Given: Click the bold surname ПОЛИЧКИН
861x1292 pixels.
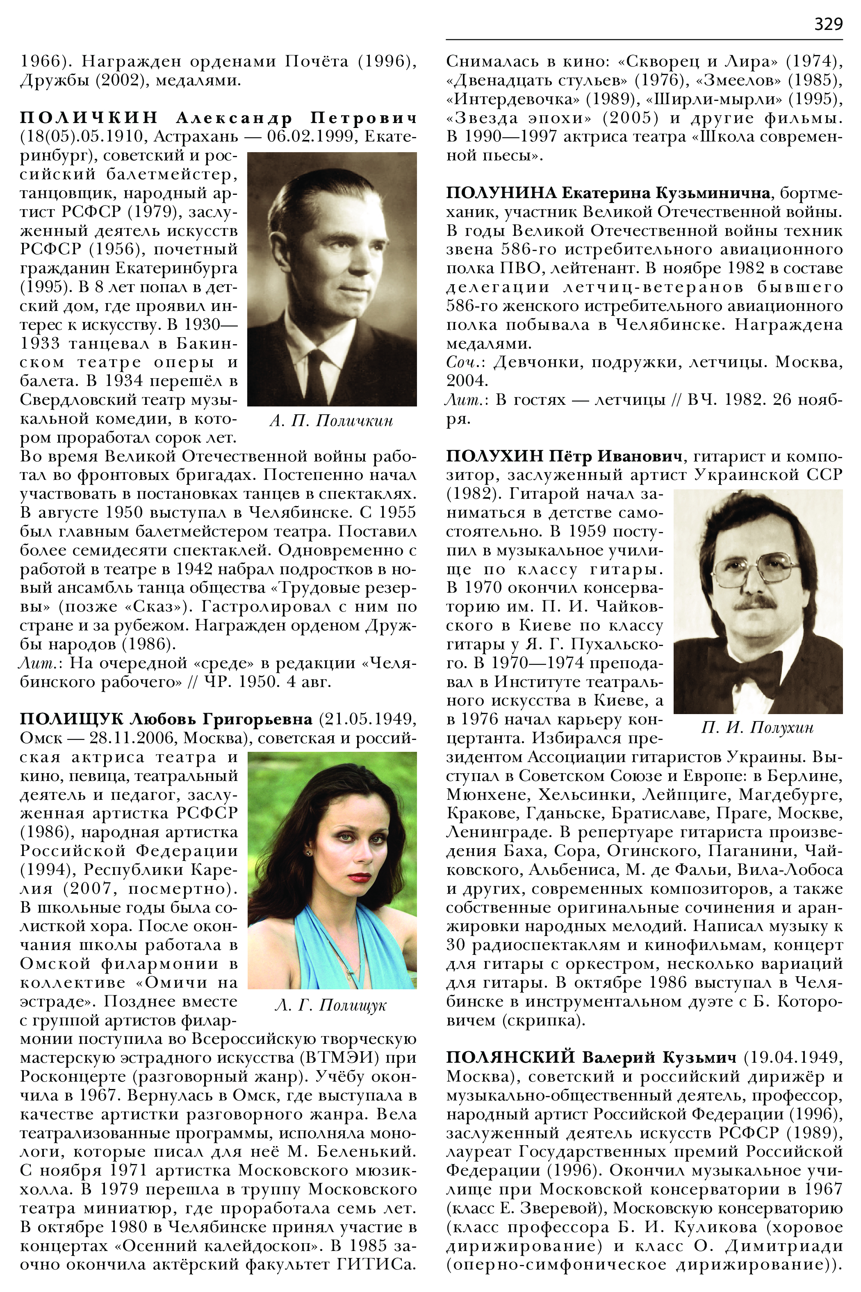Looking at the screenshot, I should click(x=89, y=118).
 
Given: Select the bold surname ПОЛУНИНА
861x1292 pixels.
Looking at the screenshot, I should click(x=501, y=193).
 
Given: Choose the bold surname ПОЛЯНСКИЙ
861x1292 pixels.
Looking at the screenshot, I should click(x=510, y=1057).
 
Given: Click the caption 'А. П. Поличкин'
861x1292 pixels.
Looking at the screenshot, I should click(x=331, y=421).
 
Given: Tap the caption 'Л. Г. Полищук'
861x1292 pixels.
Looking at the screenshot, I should click(x=330, y=1005).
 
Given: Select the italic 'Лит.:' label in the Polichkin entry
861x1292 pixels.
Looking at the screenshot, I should click(x=39, y=663).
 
